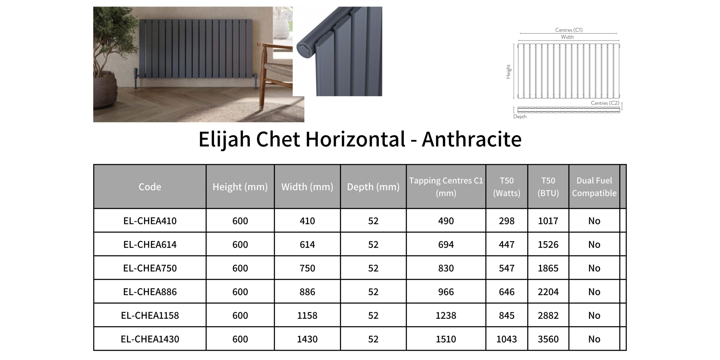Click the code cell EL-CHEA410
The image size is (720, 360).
point(150,221)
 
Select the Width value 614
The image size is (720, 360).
point(307,244)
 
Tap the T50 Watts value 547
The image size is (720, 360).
point(507,268)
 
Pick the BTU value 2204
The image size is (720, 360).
point(548,292)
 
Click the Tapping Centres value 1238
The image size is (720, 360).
point(446,315)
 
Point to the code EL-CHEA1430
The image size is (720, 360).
point(150,339)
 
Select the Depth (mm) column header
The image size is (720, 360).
point(373,187)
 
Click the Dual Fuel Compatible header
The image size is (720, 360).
point(594,187)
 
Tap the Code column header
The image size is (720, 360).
point(150,187)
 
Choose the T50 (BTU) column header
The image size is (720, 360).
point(548,187)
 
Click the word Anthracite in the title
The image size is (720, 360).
point(472,139)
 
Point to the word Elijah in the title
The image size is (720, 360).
point(224,139)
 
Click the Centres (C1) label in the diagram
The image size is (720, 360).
point(569,30)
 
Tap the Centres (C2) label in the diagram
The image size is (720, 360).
point(605,103)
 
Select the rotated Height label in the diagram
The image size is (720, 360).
point(508,71)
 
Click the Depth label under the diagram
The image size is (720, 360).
point(520,116)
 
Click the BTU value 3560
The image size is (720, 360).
point(548,339)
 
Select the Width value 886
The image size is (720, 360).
point(307,292)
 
